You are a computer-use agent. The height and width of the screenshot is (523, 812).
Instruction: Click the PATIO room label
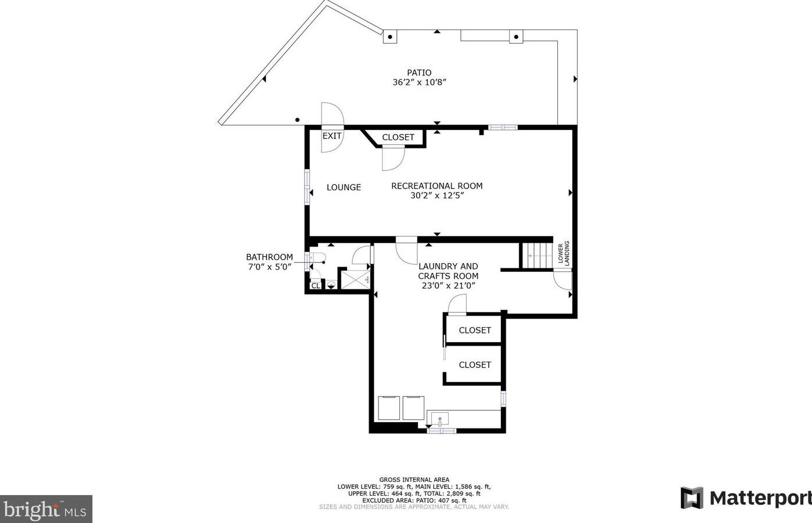point(419,72)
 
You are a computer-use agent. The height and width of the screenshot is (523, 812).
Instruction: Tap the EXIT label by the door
point(332,136)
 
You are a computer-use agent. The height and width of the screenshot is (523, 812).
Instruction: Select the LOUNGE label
point(344,187)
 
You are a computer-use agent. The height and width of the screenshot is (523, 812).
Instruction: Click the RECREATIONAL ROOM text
point(436,186)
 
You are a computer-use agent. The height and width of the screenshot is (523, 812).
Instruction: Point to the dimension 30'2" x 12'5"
point(436,196)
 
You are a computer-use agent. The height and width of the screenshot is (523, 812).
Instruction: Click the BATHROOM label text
point(269,257)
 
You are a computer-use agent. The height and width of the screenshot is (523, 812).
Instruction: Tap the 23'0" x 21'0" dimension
point(448,285)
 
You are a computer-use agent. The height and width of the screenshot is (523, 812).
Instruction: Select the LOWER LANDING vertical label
point(564,253)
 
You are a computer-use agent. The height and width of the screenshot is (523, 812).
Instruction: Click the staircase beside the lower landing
point(537,255)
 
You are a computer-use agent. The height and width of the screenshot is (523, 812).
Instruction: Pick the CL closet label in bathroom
point(316,285)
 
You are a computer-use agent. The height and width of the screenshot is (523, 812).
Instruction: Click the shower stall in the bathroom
point(355,279)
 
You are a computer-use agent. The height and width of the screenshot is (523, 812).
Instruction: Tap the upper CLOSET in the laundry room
point(475,330)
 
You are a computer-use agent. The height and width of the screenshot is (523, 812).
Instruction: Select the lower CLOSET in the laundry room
point(475,365)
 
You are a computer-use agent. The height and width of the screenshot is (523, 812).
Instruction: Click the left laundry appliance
point(388,408)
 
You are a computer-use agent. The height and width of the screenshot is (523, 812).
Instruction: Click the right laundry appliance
point(413,408)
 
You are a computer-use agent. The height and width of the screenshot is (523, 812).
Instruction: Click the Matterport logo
point(746,498)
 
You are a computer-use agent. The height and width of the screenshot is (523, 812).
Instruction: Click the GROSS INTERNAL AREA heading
point(414,480)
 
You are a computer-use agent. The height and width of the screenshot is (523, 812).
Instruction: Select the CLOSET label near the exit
point(398,137)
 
